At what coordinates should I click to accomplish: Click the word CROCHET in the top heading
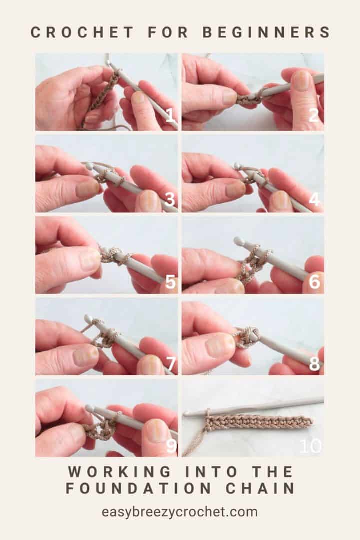pos(82,32)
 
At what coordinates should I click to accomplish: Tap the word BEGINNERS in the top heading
pos(266,32)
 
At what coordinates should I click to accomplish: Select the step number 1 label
pos(170,117)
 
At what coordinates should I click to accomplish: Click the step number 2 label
pos(314,116)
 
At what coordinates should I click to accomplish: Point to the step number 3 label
pos(170,199)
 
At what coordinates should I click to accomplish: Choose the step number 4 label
pos(314,199)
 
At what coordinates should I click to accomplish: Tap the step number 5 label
pos(170,282)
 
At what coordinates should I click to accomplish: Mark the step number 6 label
pos(314,282)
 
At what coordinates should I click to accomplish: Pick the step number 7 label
pos(170,364)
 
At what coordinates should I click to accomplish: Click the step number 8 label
pos(314,364)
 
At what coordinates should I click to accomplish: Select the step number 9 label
pos(171,445)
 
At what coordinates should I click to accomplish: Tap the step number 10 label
pos(310,446)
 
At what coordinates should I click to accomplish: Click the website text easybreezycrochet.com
pos(180,512)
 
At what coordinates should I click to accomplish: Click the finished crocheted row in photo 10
pos(260,422)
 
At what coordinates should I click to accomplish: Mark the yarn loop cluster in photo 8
pos(246,338)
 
